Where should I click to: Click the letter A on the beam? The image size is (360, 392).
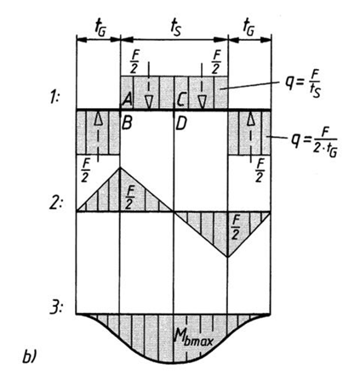pyautogui.click(x=127, y=99)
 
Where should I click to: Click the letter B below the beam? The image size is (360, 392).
pyautogui.click(x=127, y=122)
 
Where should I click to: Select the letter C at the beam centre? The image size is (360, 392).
pyautogui.click(x=180, y=100)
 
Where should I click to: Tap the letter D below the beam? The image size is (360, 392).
pyautogui.click(x=181, y=123)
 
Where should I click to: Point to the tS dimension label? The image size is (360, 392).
pyautogui.click(x=176, y=28)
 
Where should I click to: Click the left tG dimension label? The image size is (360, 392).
pyautogui.click(x=100, y=28)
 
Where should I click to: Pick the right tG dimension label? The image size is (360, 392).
pyautogui.click(x=249, y=28)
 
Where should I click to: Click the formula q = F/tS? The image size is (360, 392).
pyautogui.click(x=303, y=83)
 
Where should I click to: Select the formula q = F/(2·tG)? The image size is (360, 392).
pyautogui.click(x=314, y=143)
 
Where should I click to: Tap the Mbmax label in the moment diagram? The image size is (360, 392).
pyautogui.click(x=193, y=338)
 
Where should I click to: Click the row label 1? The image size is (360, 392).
pyautogui.click(x=53, y=97)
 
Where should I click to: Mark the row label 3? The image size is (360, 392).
pyautogui.click(x=56, y=308)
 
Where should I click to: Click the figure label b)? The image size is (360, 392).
pyautogui.click(x=29, y=357)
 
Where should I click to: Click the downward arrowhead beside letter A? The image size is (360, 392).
pyautogui.click(x=148, y=102)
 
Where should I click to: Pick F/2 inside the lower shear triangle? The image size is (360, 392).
pyautogui.click(x=236, y=227)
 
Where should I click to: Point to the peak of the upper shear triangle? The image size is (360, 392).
pyautogui.click(x=120, y=168)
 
